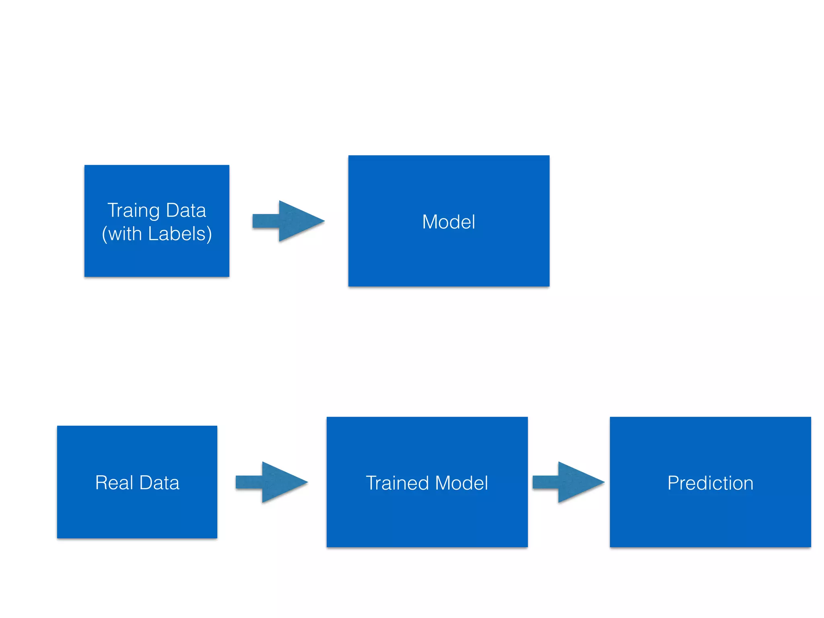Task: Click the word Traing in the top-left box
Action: pos(134,210)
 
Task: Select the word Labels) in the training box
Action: pos(180,234)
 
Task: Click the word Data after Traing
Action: pos(186,210)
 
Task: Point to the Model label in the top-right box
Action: pos(449,222)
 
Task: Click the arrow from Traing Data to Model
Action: pos(288,221)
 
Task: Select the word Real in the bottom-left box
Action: pos(114,482)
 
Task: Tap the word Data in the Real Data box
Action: pos(159,482)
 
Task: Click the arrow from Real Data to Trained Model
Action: pos(271,482)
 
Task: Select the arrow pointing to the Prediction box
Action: pos(568,482)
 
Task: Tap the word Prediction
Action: pos(710,483)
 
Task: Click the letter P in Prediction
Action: pos(672,483)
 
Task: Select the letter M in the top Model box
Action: pos(430,222)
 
